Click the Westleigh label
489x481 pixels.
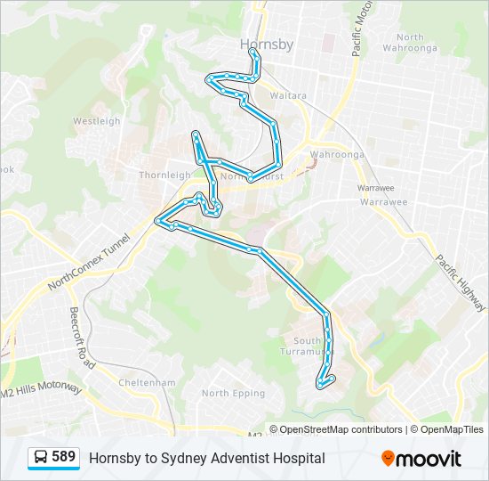(96, 121)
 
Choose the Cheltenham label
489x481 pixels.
(148, 383)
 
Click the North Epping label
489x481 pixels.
(233, 394)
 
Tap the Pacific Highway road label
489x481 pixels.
(459, 282)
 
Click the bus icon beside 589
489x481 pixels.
(41, 458)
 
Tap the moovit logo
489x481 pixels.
(421, 459)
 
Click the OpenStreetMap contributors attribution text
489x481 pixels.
(341, 429)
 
